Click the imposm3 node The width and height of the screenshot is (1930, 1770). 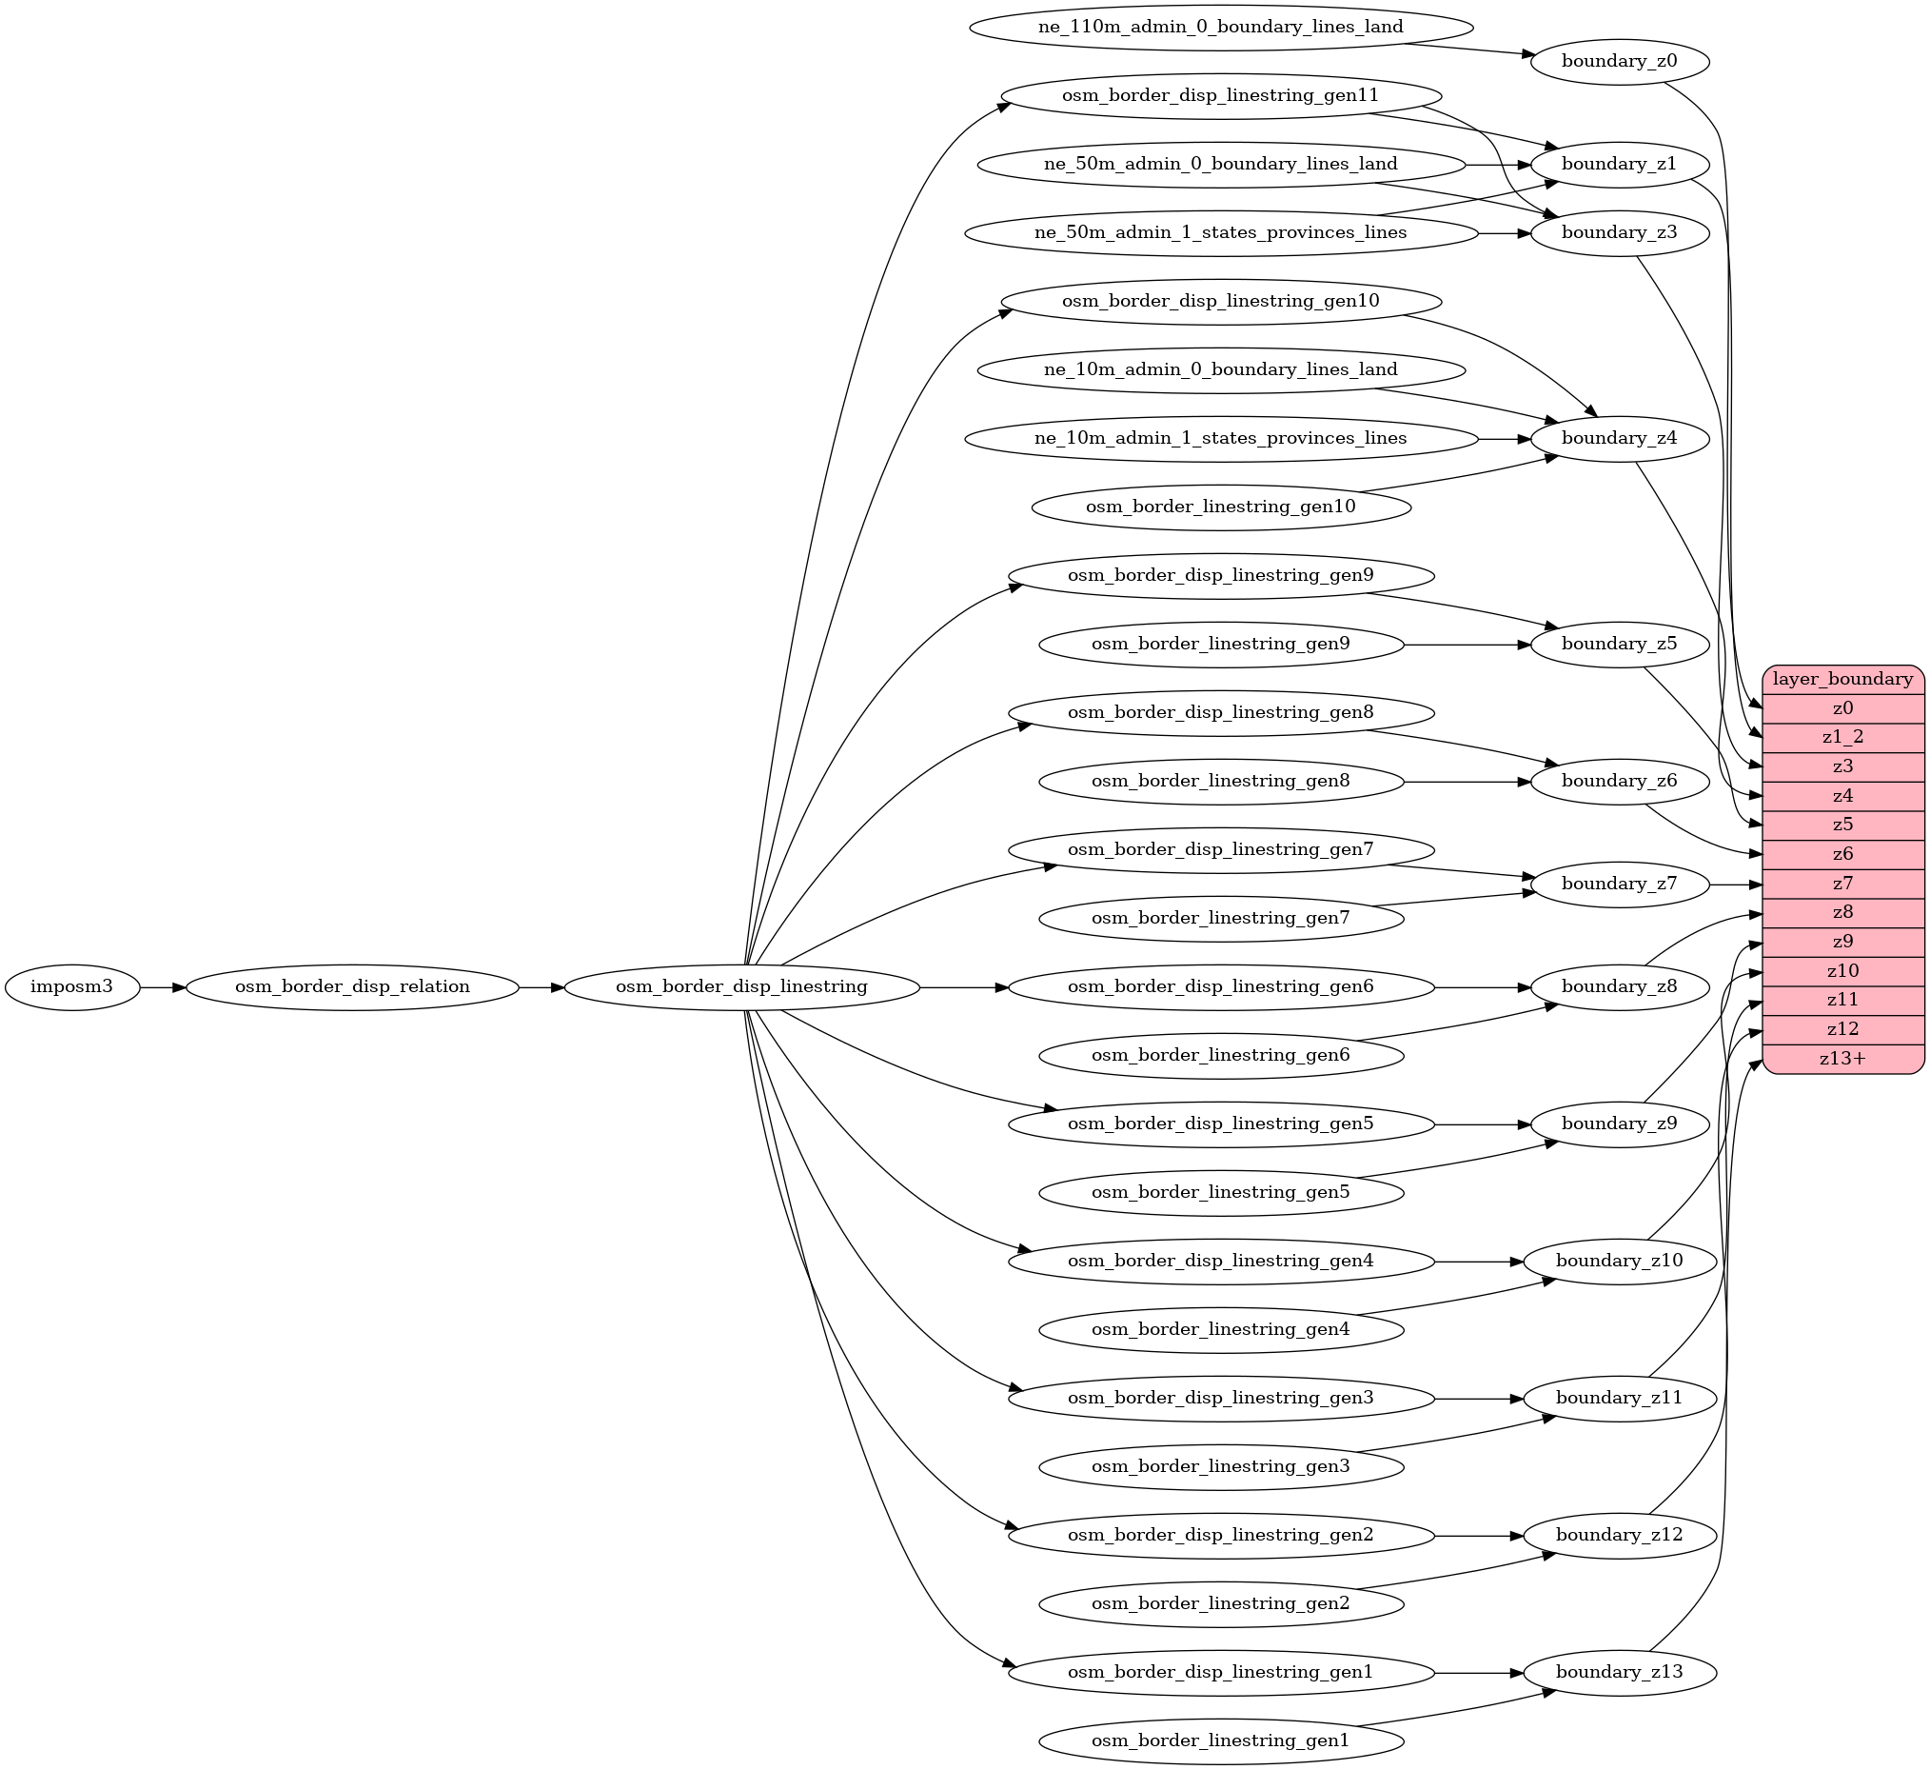[71, 986]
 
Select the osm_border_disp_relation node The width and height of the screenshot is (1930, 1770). [352, 986]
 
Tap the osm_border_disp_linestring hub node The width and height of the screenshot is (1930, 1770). [741, 986]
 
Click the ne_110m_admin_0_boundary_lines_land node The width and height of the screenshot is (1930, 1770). [1220, 27]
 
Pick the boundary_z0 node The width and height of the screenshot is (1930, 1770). [1619, 61]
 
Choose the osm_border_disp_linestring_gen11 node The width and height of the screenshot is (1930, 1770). [1220, 96]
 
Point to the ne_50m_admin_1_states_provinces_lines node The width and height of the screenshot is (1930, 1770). [1220, 232]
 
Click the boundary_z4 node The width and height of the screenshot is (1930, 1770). [1619, 439]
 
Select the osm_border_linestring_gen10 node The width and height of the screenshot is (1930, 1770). [1220, 507]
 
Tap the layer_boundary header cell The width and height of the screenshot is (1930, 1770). [1841, 679]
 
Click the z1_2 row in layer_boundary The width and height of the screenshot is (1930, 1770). [1841, 737]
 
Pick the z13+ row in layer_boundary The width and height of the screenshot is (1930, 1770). [1841, 1059]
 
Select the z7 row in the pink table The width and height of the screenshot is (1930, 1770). [1841, 883]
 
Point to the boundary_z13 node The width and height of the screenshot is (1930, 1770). [1619, 1672]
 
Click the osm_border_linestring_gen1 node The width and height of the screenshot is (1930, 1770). [1220, 1740]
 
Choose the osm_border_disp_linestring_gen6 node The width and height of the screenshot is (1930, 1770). [1220, 986]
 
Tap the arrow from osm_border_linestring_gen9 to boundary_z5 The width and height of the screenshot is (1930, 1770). [1465, 645]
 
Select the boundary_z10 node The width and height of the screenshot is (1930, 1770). [1619, 1261]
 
